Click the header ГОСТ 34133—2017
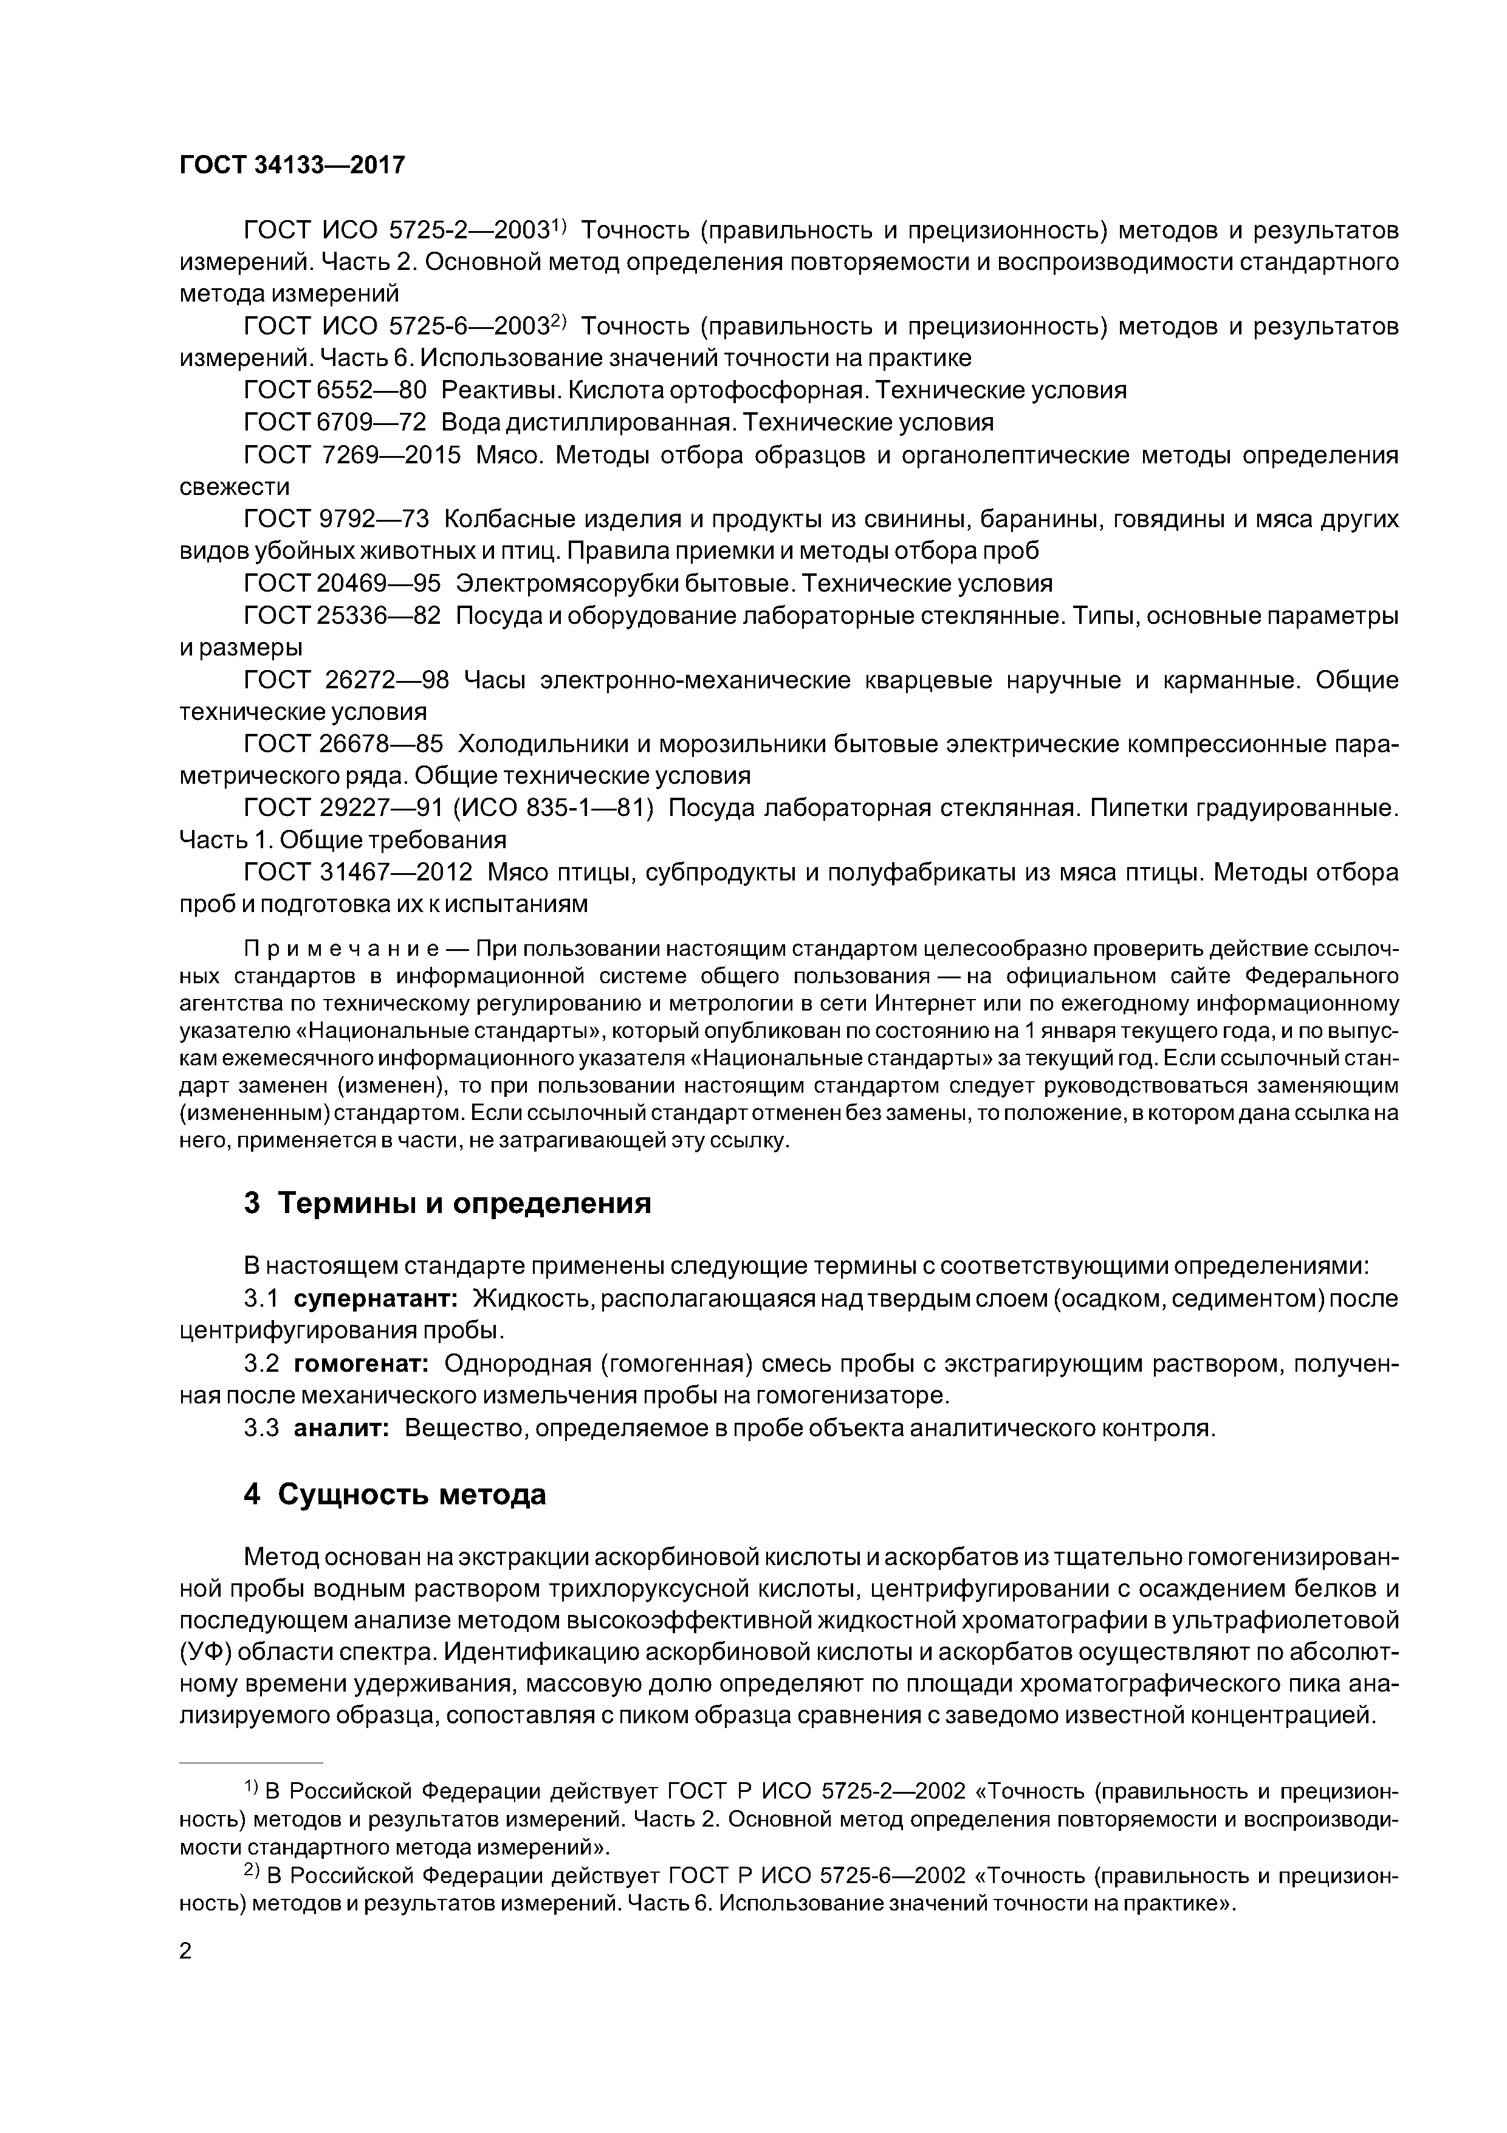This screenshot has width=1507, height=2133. (x=292, y=165)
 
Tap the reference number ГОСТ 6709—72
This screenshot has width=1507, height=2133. (x=334, y=423)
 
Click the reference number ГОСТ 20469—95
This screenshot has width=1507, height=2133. (x=342, y=584)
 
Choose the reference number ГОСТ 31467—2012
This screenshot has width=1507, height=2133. (x=357, y=873)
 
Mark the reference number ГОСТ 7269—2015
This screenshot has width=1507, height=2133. (x=352, y=455)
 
